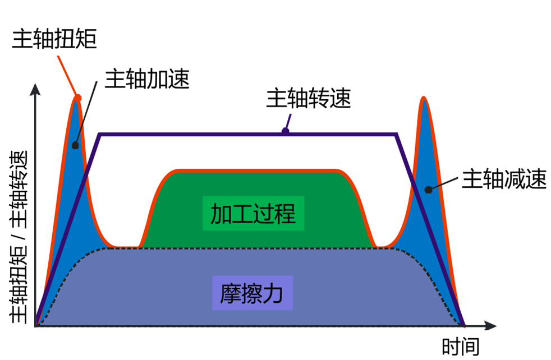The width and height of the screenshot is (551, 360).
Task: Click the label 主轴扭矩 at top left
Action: click(54, 38)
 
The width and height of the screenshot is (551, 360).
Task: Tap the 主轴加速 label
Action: click(148, 80)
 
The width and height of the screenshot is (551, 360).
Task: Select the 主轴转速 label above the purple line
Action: click(308, 99)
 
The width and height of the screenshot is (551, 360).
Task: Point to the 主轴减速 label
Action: click(504, 180)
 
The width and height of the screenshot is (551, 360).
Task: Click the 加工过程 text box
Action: click(252, 213)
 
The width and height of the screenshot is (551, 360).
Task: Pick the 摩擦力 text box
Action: click(252, 292)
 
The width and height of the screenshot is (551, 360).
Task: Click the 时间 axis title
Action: click(460, 347)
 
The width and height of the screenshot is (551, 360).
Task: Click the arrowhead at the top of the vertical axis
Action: click(36, 90)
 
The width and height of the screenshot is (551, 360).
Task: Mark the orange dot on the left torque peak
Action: click(78, 98)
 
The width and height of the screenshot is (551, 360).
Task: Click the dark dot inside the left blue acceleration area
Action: click(75, 145)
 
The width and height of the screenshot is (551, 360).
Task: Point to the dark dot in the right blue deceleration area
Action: click(428, 190)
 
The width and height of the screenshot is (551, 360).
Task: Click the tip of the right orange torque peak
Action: click(424, 98)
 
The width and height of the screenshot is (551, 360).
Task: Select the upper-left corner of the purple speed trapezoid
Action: click(99, 135)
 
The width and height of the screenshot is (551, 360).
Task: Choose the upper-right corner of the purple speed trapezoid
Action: click(397, 135)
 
